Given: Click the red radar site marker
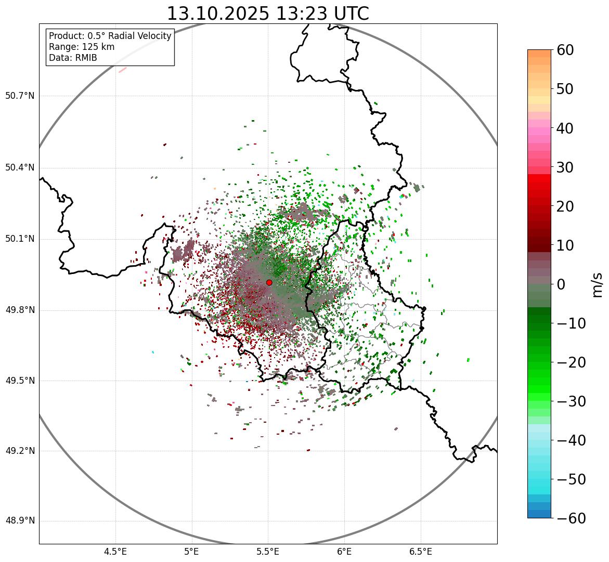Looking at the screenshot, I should click(269, 282).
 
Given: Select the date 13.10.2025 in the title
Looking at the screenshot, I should click(218, 14).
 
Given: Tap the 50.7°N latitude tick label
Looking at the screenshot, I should click(20, 96).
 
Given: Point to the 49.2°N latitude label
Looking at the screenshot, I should click(20, 451).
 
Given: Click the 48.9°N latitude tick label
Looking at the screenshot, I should click(20, 521).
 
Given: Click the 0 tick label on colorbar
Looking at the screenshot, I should click(561, 284).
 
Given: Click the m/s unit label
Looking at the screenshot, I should click(597, 284).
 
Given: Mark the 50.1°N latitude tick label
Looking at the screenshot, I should click(20, 239).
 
